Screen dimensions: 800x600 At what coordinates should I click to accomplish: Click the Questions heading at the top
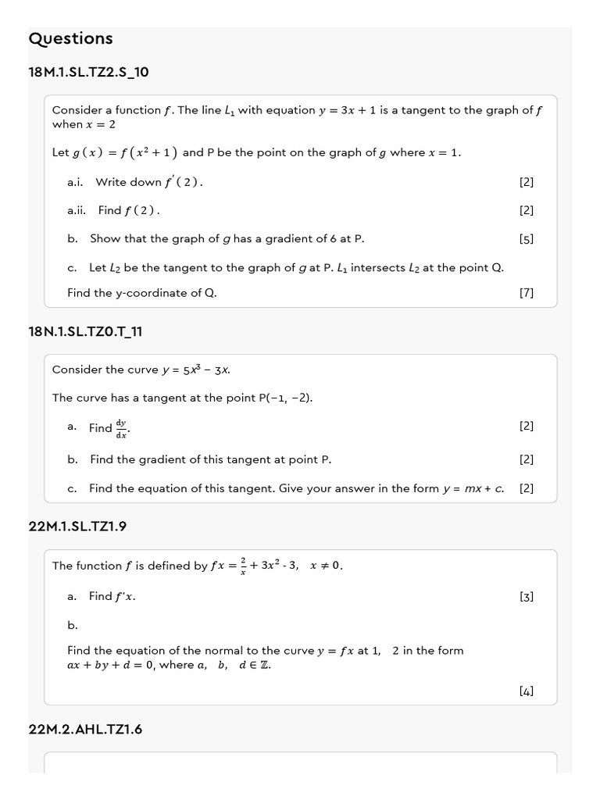(70, 38)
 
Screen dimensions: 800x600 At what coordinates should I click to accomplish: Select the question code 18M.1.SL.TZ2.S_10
(88, 72)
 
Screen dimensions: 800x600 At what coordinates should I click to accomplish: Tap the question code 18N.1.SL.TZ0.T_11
(85, 331)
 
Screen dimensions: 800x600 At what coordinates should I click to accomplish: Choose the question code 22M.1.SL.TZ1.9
(77, 527)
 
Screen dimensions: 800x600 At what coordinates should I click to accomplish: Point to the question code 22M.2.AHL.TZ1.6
(85, 729)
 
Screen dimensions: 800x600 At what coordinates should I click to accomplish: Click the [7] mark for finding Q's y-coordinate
(526, 293)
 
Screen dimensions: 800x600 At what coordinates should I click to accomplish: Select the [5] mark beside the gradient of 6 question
(526, 239)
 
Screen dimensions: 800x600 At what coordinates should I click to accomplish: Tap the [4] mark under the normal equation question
(526, 691)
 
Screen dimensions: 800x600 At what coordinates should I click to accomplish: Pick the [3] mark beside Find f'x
(526, 596)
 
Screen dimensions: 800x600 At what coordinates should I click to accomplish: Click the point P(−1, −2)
(285, 398)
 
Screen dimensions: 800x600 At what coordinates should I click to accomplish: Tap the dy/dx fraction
(121, 428)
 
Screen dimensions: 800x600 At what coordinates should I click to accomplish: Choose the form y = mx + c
(473, 488)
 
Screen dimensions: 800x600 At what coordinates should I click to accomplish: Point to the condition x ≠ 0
(326, 566)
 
